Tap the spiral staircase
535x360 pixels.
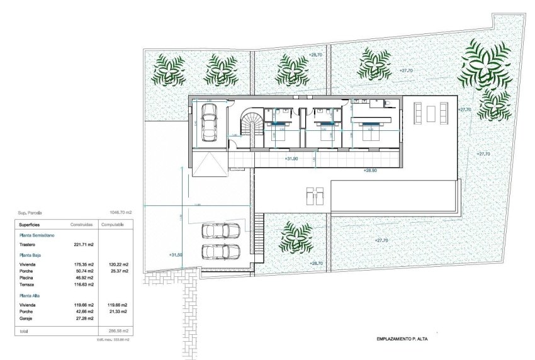click(x=253, y=125)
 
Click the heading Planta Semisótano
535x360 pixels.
click(x=38, y=235)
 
